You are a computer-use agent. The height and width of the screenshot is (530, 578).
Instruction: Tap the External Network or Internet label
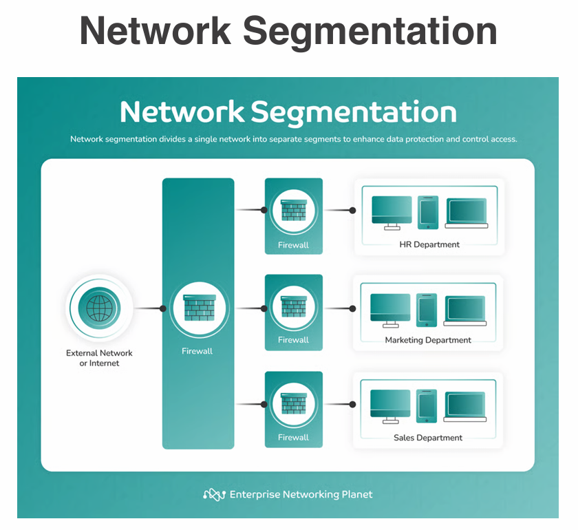[x=99, y=358]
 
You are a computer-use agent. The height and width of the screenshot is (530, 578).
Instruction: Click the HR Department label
[x=429, y=244]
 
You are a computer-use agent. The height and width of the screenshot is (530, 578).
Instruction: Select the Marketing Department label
[x=428, y=340]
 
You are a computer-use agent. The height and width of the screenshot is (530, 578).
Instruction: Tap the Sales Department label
[x=428, y=438]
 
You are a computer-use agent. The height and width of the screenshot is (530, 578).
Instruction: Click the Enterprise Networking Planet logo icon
[x=214, y=494]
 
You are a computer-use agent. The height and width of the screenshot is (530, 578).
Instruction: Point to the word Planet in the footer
[x=357, y=494]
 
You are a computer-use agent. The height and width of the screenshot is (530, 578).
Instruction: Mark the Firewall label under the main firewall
[x=197, y=351]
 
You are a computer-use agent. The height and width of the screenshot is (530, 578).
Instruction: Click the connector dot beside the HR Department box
[x=352, y=210]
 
